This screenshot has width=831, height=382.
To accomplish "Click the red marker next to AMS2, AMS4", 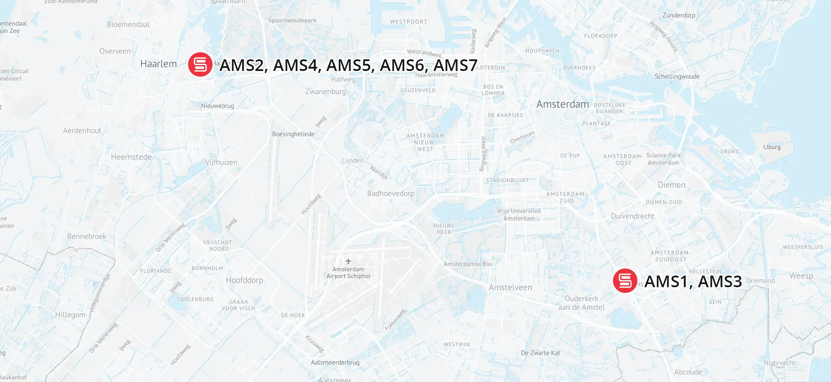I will (x=200, y=64).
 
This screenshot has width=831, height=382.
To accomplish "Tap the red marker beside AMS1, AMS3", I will (x=625, y=281).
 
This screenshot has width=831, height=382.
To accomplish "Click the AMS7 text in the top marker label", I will (x=455, y=65).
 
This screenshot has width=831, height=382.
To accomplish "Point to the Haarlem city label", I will (x=158, y=64).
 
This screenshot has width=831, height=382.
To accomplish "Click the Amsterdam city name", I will (x=562, y=104).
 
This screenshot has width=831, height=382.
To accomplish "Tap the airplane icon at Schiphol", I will (x=348, y=261).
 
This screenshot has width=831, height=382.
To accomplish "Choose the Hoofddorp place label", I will (x=244, y=280).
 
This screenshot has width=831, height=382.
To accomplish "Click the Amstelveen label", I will (x=510, y=288).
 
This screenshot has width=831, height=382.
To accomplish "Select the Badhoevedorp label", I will (x=390, y=193).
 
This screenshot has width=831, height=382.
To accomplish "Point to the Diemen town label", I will (x=671, y=185).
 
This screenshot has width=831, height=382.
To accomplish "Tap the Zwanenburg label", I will (x=325, y=91).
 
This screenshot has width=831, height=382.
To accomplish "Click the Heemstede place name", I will (x=131, y=157).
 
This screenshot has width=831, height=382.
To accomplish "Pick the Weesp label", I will (x=801, y=276).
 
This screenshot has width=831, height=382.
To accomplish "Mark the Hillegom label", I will (x=70, y=315).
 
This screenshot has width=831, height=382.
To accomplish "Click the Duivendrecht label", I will (x=632, y=216).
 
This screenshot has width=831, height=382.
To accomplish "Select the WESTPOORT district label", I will (x=409, y=22).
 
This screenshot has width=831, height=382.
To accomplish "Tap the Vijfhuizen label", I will (x=221, y=162).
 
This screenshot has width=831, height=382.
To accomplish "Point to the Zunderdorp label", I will (x=678, y=15).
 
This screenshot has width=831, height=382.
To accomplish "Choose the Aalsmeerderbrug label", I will (x=335, y=362).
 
